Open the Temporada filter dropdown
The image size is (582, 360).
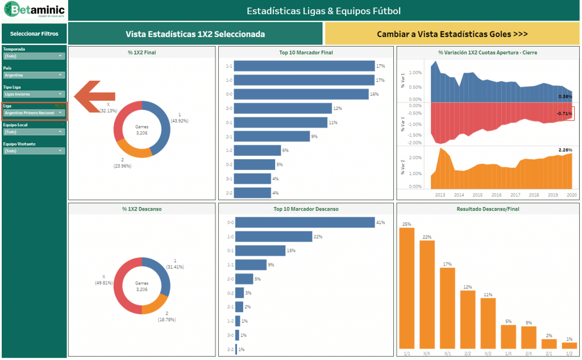point(34,56)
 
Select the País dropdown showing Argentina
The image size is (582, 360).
point(34,75)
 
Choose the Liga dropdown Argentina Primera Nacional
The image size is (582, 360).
point(34,113)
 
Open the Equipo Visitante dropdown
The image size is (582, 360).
point(34,151)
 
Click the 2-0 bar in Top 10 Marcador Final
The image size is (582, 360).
point(282,108)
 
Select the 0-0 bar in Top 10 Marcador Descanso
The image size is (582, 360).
point(305,222)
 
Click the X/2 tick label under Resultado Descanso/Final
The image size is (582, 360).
point(488,353)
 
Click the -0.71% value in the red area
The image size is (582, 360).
point(564,114)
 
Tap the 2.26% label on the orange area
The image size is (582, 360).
point(565,151)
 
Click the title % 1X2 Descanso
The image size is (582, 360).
point(142,209)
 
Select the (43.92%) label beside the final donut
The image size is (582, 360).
point(179,121)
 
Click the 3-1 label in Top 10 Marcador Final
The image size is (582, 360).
point(228,179)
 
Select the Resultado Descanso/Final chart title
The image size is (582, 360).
point(487,209)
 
